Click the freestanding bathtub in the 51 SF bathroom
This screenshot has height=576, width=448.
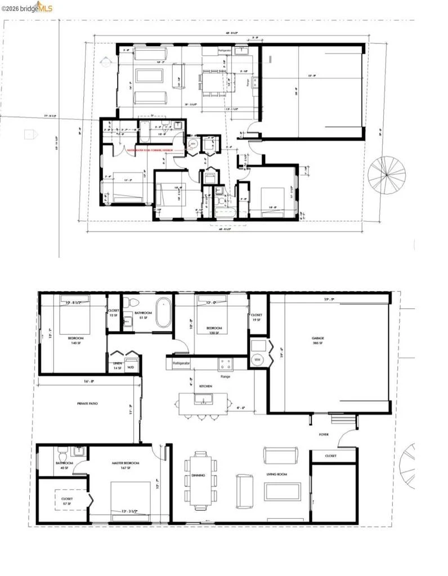coord(163,312)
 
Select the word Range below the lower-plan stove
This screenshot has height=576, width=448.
coord(225,376)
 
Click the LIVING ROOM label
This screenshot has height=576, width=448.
coord(276,475)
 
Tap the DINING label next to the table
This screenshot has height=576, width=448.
coord(198,475)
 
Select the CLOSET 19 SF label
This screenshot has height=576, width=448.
coord(256,317)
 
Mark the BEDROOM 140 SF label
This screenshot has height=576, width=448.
coord(76,340)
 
